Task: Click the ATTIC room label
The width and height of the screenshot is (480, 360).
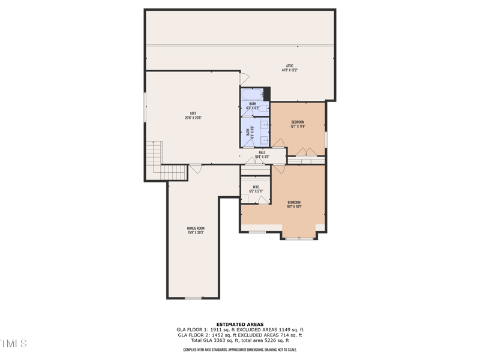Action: [290, 68]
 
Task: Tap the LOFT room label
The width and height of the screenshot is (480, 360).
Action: [193, 115]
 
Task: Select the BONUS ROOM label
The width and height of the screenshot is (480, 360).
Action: [196, 230]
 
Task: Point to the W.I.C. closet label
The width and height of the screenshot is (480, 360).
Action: [256, 188]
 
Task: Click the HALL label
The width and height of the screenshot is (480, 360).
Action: [262, 154]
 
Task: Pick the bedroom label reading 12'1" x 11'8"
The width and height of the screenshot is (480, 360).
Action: [298, 124]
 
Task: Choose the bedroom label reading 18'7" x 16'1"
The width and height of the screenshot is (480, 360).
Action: [294, 204]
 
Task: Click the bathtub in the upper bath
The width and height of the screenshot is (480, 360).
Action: [251, 95]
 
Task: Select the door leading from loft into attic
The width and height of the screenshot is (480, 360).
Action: [243, 79]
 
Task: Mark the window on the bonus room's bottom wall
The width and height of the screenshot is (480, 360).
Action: [193, 298]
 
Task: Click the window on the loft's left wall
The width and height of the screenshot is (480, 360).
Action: [145, 107]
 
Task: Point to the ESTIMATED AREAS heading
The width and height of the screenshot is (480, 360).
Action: [240, 324]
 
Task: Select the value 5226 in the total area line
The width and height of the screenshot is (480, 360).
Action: [272, 340]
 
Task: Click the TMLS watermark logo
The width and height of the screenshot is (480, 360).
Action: [13, 344]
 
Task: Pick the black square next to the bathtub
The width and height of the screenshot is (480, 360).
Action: [267, 94]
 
